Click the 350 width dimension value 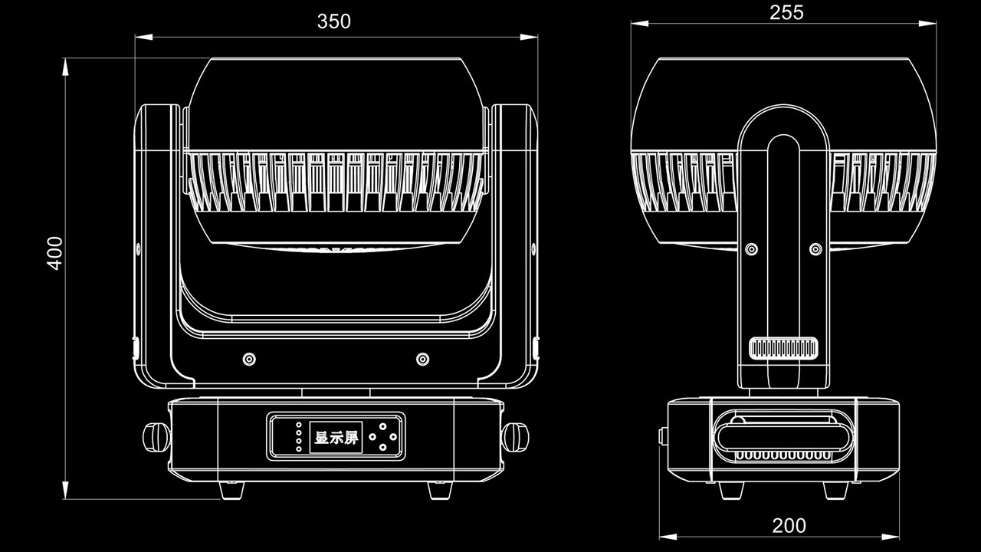point(333,21)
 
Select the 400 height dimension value point(54,252)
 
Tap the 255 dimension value point(786,12)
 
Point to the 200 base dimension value point(789,525)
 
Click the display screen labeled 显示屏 point(336,438)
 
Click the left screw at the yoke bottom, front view point(249,359)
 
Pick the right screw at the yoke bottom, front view point(422,359)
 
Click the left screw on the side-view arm point(752,249)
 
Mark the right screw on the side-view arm point(816,249)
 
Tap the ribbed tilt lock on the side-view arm point(784,348)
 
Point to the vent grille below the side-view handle point(783,455)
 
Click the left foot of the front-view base point(232,489)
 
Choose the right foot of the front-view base point(440,489)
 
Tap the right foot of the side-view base point(836,489)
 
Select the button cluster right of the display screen point(383,438)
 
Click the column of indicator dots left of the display point(299,437)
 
